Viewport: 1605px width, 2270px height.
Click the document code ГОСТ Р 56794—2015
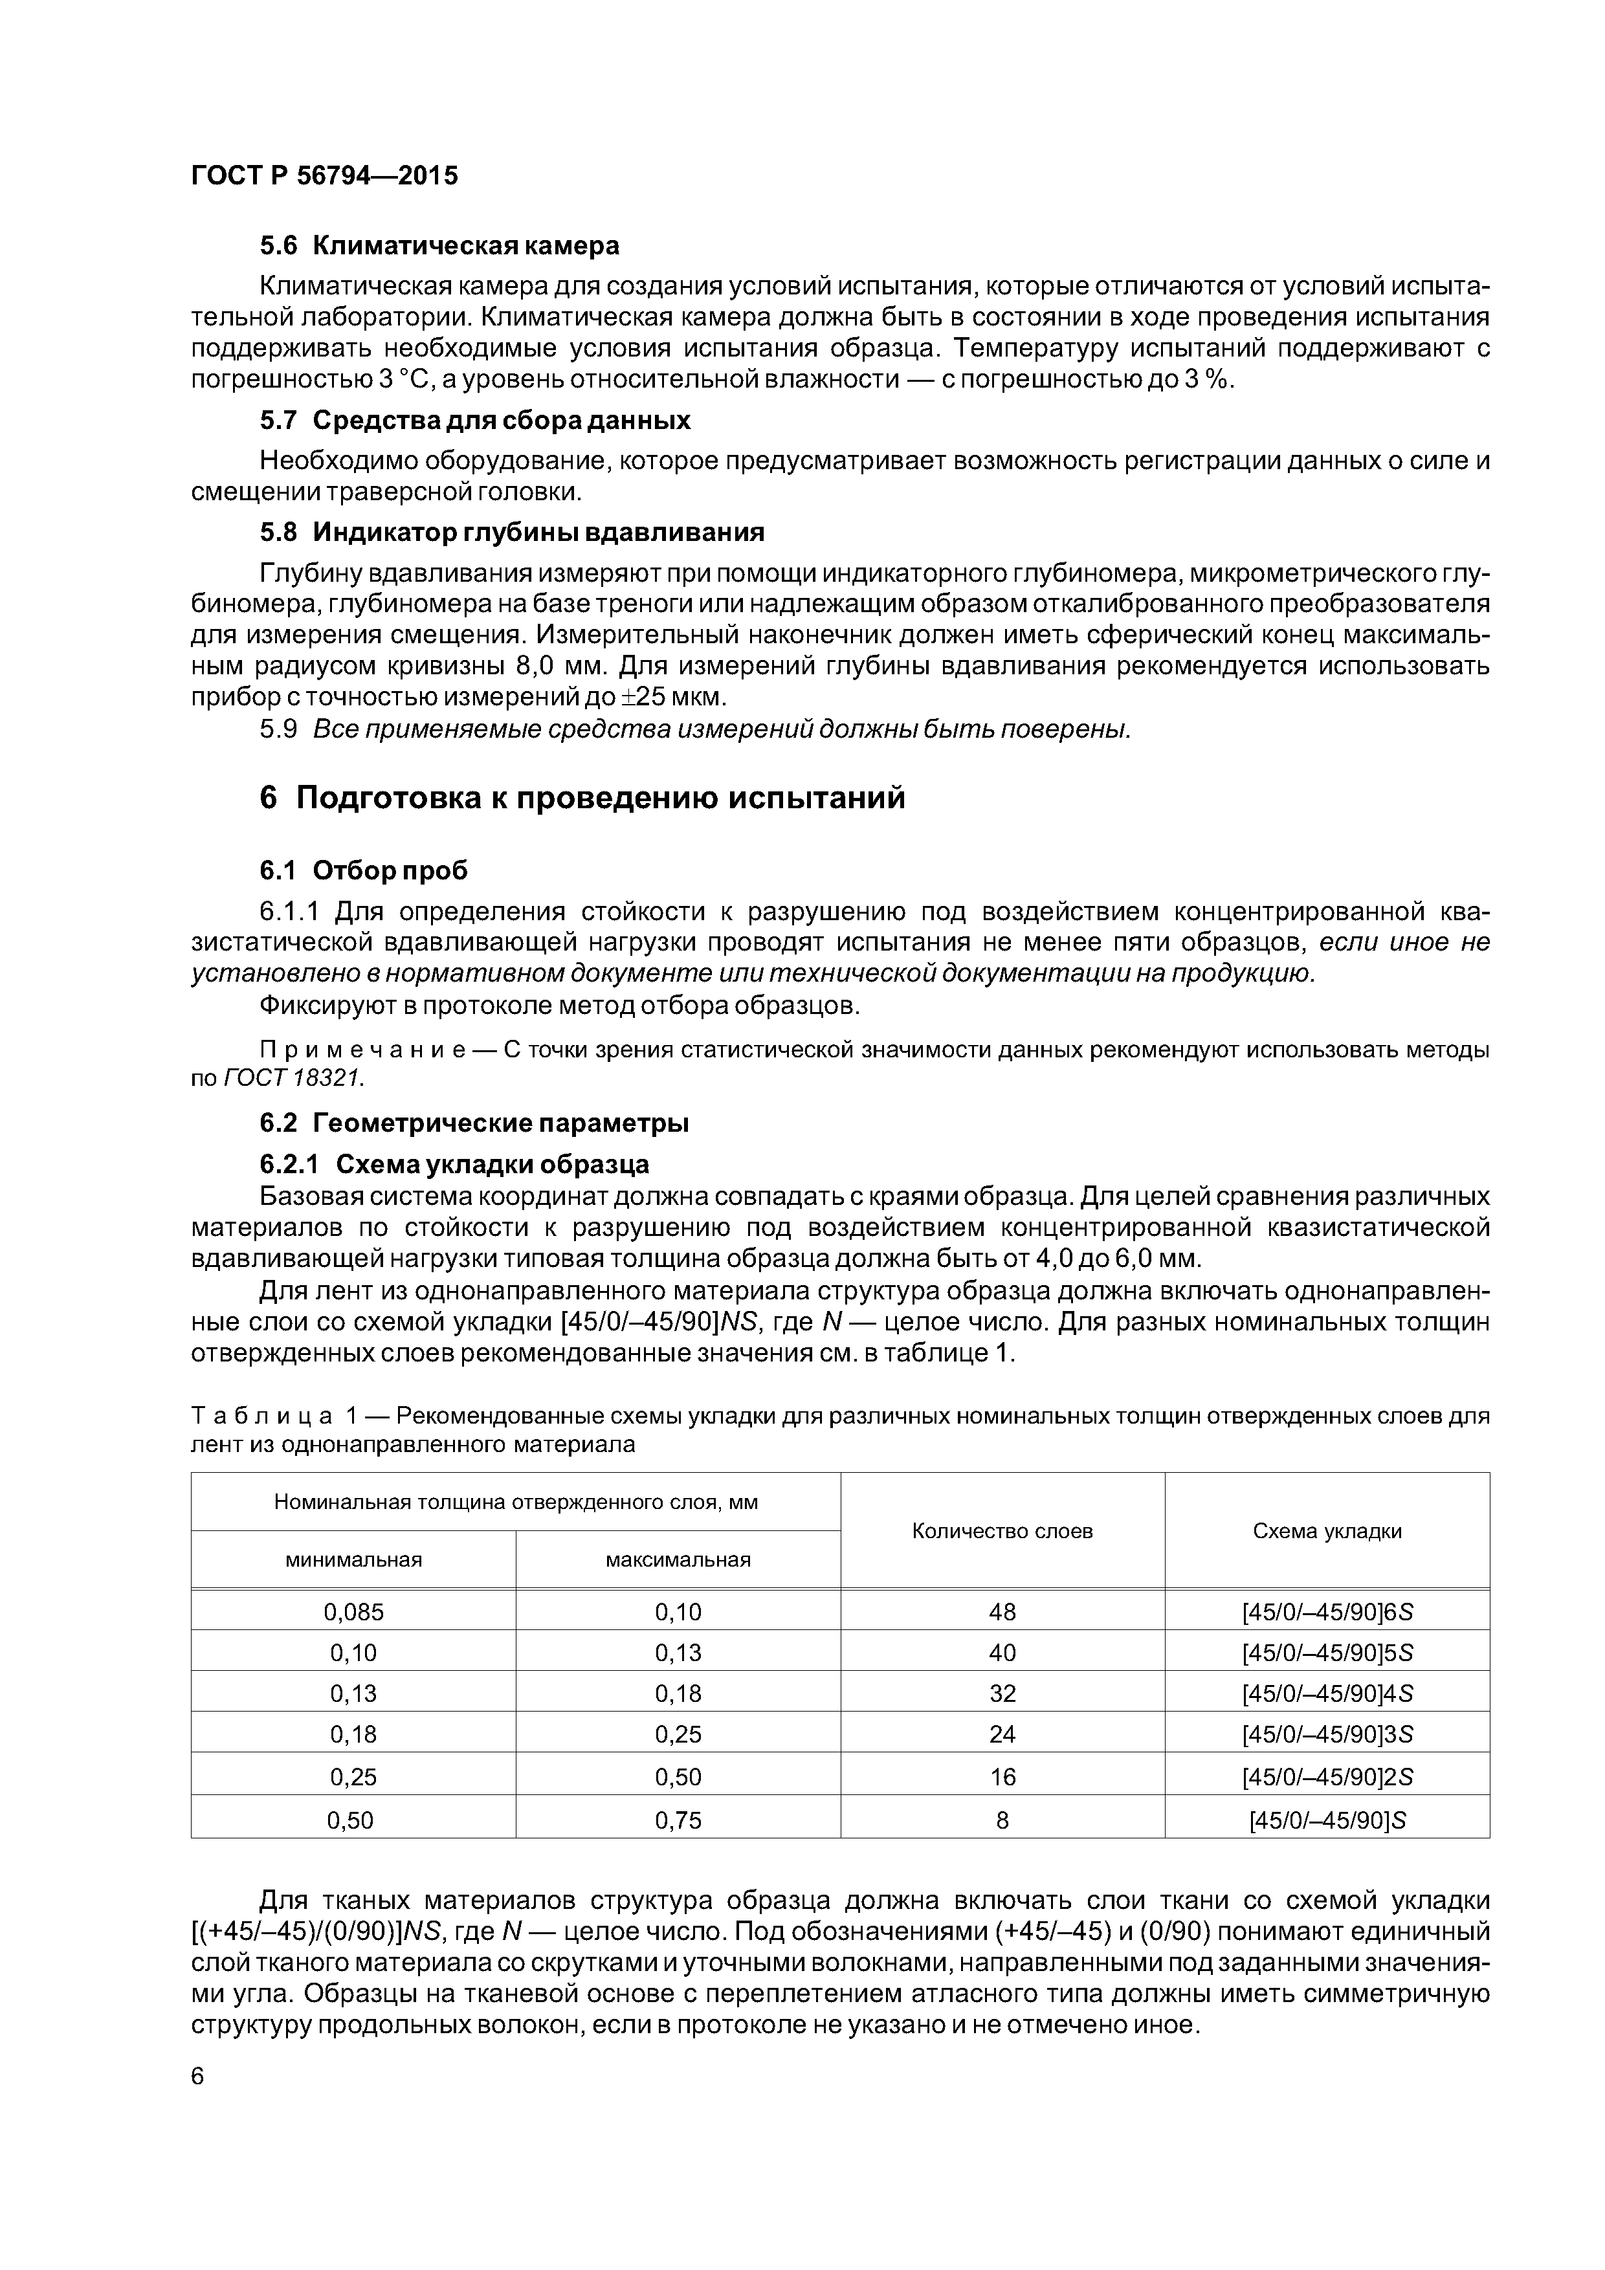[x=324, y=176]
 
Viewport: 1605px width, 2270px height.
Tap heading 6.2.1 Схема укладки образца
[x=454, y=1163]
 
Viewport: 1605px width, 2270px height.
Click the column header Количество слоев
[x=1002, y=1532]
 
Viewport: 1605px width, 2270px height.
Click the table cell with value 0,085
[x=353, y=1613]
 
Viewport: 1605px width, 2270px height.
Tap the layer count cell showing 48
[x=1002, y=1613]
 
